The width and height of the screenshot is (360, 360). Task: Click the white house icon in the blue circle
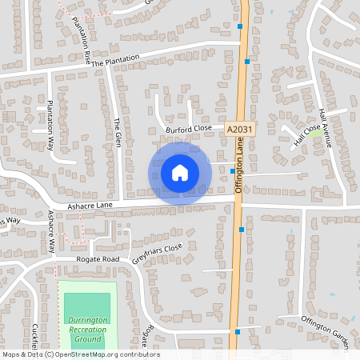click(180, 173)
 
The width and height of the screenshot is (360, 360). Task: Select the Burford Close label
click(188, 128)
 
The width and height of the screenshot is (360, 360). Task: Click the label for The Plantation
click(115, 60)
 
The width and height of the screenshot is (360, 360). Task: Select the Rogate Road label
click(98, 259)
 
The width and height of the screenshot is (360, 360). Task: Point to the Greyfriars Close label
click(158, 254)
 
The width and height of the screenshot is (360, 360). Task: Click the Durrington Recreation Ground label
click(87, 329)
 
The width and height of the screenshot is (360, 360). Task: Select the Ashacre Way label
click(51, 232)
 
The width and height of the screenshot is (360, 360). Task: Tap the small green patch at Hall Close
click(318, 133)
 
